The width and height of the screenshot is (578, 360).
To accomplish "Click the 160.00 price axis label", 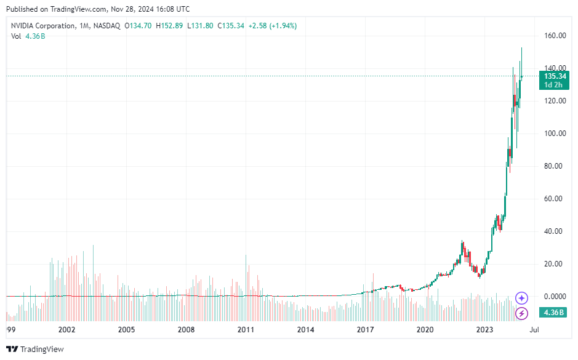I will [x=554, y=36].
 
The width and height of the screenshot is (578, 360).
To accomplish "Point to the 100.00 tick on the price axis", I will [x=554, y=134].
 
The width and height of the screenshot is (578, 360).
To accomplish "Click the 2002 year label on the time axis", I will [x=66, y=330].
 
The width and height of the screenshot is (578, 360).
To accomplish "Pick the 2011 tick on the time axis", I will [x=246, y=330].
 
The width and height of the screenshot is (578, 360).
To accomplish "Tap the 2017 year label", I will [x=366, y=330].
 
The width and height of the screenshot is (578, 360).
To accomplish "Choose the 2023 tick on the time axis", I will [x=485, y=330].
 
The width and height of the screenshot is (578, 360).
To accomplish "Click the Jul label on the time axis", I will [x=535, y=330].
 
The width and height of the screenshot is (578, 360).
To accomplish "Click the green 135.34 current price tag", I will [x=555, y=76].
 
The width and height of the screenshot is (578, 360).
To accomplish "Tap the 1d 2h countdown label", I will [x=555, y=85].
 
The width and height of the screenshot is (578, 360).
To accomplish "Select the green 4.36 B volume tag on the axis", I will [x=554, y=313].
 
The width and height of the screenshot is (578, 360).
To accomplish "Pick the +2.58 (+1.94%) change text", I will [x=272, y=26].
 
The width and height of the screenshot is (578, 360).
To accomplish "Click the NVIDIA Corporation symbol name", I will [x=41, y=26].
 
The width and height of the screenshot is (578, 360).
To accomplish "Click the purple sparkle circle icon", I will [x=521, y=298].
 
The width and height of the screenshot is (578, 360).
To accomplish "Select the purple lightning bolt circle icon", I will [x=521, y=313].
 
